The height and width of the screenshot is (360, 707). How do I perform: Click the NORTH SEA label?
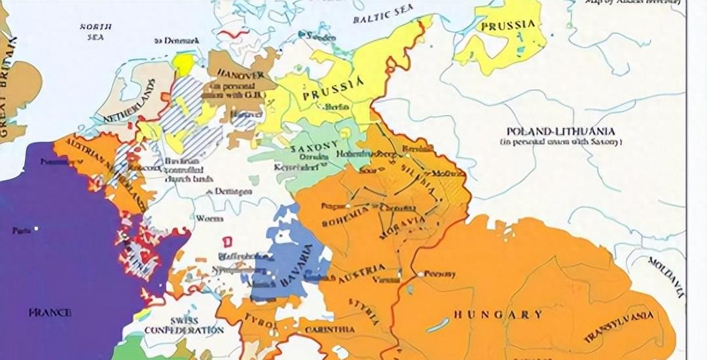96,31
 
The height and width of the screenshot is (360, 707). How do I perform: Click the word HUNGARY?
498,315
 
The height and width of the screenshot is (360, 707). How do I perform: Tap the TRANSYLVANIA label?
619,327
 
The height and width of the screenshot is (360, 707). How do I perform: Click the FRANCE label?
50,313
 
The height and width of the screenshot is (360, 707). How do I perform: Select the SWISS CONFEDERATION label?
184,325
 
